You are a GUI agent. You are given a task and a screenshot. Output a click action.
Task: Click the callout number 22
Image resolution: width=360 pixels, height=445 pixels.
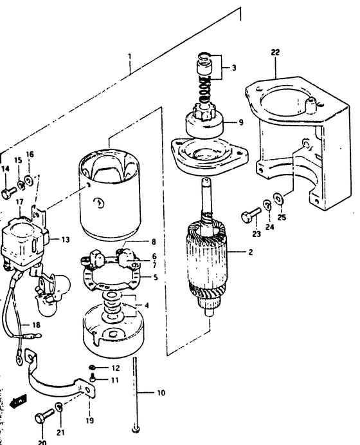click(x=275, y=52)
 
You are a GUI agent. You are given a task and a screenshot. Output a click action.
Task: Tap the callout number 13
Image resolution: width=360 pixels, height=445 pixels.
click(x=66, y=240)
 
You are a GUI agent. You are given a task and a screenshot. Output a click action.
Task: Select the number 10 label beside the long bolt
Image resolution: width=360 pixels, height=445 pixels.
click(x=161, y=393)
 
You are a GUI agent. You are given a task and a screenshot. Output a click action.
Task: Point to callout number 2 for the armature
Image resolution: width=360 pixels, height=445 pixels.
click(x=250, y=252)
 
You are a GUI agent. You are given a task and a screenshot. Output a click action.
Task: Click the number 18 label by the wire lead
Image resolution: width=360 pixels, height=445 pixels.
click(x=36, y=325)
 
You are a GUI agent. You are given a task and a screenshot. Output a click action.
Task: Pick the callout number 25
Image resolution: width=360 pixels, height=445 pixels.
click(x=282, y=218)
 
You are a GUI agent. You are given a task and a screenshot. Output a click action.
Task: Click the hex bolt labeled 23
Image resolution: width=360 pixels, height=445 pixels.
click(x=251, y=215)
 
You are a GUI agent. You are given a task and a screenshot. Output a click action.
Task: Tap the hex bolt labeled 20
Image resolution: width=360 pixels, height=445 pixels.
click(x=44, y=416)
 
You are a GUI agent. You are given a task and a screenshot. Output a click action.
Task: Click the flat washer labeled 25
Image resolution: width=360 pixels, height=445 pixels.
click(x=278, y=198)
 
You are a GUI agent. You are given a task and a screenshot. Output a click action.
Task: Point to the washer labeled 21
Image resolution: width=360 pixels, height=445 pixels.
click(x=59, y=407)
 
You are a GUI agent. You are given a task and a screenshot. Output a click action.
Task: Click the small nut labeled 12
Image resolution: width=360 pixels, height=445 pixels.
click(x=92, y=367)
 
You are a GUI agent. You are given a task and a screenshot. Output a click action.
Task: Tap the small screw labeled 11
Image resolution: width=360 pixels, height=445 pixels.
click(x=93, y=378)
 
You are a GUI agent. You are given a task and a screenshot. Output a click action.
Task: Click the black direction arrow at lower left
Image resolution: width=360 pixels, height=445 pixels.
click(x=18, y=401)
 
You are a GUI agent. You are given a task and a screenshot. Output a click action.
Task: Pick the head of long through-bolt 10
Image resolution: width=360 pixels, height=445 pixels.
click(x=136, y=430)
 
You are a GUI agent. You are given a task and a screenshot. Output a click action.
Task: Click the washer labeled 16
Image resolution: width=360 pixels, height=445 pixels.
click(x=29, y=180)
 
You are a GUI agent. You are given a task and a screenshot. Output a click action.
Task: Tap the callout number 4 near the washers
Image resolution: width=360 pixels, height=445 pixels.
click(x=147, y=306)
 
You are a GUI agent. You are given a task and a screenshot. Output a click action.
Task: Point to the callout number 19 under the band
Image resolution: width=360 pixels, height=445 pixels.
click(x=89, y=421)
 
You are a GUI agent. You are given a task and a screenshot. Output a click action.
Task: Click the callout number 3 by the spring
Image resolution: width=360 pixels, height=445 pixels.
click(x=234, y=68)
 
